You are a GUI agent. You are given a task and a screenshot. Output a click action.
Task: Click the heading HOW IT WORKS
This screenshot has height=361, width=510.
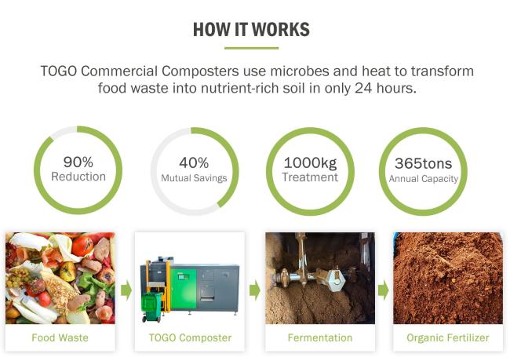251,29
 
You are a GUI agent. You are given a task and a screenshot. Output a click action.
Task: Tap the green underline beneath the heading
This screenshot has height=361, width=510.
251,48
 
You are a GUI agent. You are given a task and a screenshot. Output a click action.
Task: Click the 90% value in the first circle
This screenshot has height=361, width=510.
78,162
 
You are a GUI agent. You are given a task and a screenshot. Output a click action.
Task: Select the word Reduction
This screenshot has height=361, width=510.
78,177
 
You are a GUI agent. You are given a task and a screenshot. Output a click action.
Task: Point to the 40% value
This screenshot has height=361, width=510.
194,162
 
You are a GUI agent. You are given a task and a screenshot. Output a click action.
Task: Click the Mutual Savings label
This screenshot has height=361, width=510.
194,178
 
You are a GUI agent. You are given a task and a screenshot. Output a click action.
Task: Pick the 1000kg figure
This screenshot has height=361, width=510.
310,163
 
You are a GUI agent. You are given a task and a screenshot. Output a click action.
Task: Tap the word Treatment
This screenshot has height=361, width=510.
310,177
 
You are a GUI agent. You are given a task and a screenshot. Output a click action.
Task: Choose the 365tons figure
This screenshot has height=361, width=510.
423,163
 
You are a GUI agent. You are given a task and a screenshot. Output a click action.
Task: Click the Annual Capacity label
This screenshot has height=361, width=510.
424,179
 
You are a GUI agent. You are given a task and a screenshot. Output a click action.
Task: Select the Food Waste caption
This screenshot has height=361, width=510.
60,337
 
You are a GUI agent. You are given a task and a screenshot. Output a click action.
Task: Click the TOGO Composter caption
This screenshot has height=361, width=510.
190,337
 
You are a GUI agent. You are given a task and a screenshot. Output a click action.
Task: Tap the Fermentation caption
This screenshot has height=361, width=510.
320,337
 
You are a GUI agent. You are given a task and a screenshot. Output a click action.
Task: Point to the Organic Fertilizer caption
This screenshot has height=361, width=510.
448,337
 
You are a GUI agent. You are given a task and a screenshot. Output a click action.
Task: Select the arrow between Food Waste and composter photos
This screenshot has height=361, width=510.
126,290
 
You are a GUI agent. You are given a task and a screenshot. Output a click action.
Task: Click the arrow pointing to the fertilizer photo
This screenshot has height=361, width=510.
383,290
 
